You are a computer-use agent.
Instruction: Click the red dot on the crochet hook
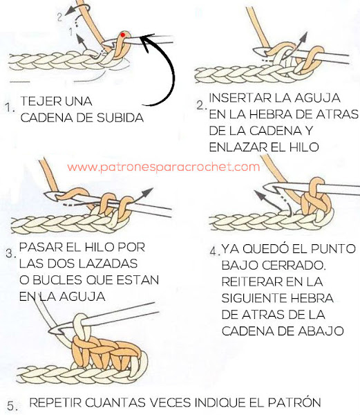pyautogui.click(x=122, y=35)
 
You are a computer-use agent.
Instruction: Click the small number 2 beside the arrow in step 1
pyautogui.click(x=60, y=17)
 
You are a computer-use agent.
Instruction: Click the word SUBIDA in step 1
pyautogui.click(x=120, y=118)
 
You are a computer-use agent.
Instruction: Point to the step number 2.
pyautogui.click(x=201, y=106)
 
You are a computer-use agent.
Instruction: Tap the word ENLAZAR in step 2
pyautogui.click(x=237, y=147)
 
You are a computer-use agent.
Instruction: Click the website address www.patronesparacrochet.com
pyautogui.click(x=163, y=167)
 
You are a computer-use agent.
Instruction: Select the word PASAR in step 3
pyautogui.click(x=41, y=248)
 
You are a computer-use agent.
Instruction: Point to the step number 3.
pyautogui.click(x=10, y=253)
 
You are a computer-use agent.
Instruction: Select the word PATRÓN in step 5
pyautogui.click(x=294, y=402)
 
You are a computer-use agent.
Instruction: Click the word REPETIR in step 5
pyautogui.click(x=55, y=403)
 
